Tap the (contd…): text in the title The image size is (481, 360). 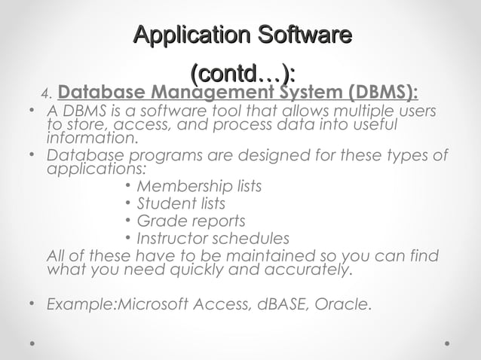tap(241, 75)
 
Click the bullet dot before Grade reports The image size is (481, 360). tap(130, 222)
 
